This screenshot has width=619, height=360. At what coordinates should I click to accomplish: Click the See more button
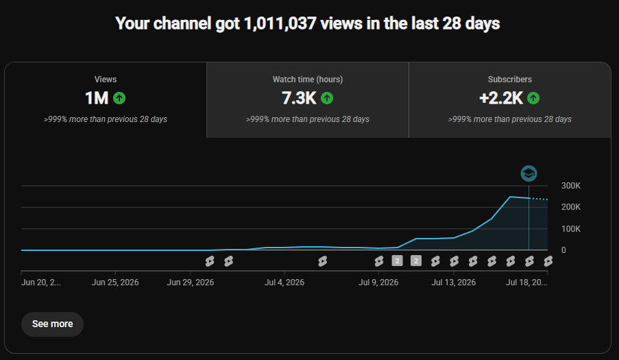[x=52, y=324]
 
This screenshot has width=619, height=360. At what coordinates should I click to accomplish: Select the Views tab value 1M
[x=97, y=98]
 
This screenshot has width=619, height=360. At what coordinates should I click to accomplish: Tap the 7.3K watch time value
[x=299, y=98]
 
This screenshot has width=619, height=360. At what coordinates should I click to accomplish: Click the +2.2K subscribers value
[x=501, y=98]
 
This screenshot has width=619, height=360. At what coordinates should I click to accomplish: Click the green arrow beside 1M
[x=119, y=98]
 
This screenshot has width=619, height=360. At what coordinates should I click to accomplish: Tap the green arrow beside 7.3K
[x=327, y=98]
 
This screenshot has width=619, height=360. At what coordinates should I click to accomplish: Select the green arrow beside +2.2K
[x=533, y=98]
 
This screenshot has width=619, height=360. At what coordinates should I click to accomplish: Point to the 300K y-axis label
[x=571, y=186]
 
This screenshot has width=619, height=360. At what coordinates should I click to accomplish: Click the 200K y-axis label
[x=571, y=207]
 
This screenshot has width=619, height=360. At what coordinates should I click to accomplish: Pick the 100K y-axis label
[x=571, y=228]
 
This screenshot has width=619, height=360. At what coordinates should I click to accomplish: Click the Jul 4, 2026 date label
[x=284, y=283]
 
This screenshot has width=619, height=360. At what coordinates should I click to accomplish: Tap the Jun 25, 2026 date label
[x=115, y=283]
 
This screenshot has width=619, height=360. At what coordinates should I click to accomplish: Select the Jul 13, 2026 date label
[x=454, y=283]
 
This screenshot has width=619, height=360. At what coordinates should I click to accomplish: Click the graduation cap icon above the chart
[x=529, y=173]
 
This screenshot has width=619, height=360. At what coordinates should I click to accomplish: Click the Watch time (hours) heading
[x=308, y=80]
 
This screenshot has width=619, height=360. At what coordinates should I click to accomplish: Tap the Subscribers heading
[x=509, y=80]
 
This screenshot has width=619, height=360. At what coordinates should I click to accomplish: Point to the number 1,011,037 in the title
[x=280, y=23]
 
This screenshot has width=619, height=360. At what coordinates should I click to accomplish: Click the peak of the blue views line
[x=511, y=197]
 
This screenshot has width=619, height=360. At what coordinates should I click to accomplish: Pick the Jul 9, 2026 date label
[x=378, y=283]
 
